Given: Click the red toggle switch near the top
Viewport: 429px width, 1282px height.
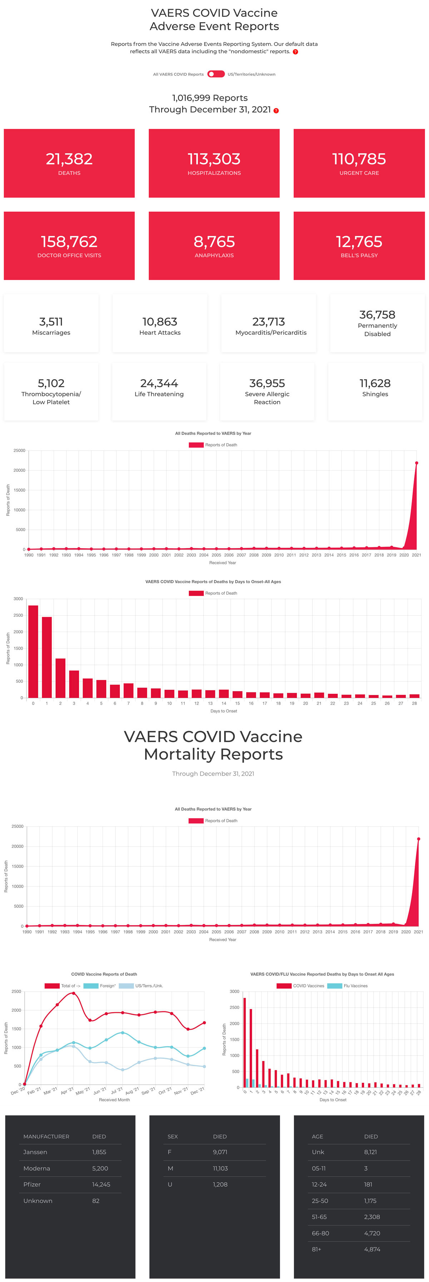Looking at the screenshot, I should point(216,74).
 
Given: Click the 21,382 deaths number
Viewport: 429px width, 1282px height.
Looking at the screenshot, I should point(69,159).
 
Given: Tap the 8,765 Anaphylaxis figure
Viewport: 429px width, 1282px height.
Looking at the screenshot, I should point(214,241).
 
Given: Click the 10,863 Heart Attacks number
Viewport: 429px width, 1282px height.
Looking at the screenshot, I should point(159,321).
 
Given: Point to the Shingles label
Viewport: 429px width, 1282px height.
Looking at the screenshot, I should point(375,394).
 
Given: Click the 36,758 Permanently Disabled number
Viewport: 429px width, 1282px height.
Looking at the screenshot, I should point(377,315).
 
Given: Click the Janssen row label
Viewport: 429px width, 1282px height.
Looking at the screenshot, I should point(35,1152).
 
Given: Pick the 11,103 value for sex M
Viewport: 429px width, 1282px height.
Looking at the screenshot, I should point(220,1168).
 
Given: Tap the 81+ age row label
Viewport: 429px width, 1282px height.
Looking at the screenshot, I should point(316,1249).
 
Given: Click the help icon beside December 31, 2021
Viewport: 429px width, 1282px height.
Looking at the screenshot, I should point(276,110).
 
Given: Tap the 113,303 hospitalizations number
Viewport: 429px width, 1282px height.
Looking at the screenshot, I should point(214,159).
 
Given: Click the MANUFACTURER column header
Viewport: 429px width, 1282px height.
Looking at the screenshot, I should point(46,1137).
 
